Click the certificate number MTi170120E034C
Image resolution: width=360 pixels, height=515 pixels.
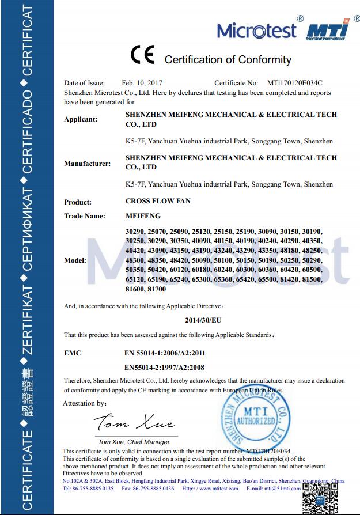click(294, 83)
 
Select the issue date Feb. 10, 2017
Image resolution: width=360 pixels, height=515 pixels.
click(142, 83)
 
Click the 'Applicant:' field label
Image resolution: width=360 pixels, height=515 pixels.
click(81, 119)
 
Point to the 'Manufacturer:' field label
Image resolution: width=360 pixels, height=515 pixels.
click(87, 164)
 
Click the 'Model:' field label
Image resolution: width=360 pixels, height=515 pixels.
click(75, 260)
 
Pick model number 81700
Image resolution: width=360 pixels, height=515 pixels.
click(157, 289)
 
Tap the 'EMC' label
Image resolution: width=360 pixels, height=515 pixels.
click(73, 352)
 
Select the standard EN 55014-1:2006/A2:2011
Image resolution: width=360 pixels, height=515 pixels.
click(165, 352)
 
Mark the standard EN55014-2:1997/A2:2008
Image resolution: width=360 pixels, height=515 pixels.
click(164, 366)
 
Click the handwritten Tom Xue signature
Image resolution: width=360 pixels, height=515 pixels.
click(134, 425)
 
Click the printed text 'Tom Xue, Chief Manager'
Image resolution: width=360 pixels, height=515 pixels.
click(134, 442)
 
